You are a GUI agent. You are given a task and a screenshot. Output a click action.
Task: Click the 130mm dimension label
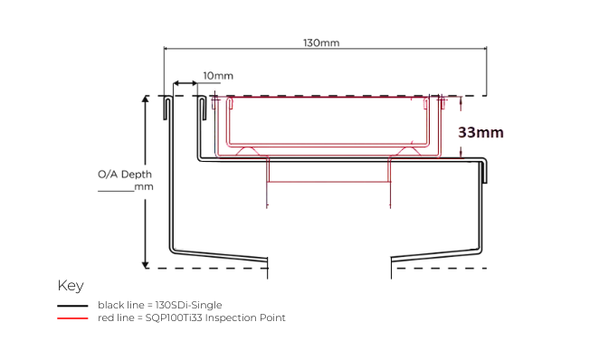pyautogui.click(x=321, y=43)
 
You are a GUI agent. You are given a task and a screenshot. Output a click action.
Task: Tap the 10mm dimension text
pyautogui.click(x=218, y=76)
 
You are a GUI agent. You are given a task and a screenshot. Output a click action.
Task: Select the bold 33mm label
pyautogui.click(x=480, y=133)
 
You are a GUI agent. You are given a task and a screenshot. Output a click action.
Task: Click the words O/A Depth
pyautogui.click(x=125, y=175)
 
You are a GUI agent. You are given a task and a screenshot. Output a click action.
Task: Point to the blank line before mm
pyautogui.click(x=116, y=191)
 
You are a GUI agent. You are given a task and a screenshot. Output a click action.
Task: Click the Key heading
pyautogui.click(x=71, y=286)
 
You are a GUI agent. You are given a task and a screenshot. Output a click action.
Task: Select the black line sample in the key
pyautogui.click(x=72, y=306)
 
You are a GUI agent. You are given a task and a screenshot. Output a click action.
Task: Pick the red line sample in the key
pyautogui.click(x=72, y=318)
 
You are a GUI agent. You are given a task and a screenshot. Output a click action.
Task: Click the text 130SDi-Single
pyautogui.click(x=188, y=305)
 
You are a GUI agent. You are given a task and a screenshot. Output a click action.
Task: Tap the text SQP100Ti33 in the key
pyautogui.click(x=174, y=317)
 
